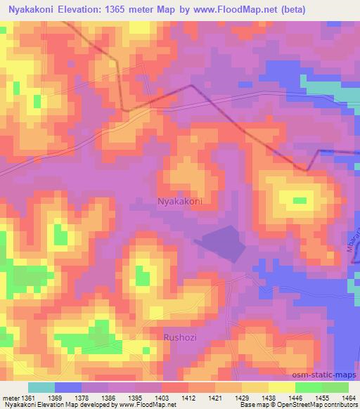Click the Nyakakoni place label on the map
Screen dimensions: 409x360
[x=179, y=201]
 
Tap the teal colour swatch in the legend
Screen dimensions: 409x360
[x=41, y=387]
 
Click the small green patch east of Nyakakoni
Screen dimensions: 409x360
[x=300, y=200]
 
